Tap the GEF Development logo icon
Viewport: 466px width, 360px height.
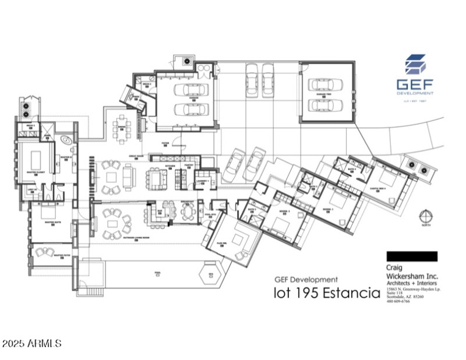415,65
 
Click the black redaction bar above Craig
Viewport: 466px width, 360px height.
411,256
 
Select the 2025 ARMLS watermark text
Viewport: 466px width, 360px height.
32,344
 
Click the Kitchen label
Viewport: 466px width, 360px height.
171,165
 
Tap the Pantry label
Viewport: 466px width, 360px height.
189,165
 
